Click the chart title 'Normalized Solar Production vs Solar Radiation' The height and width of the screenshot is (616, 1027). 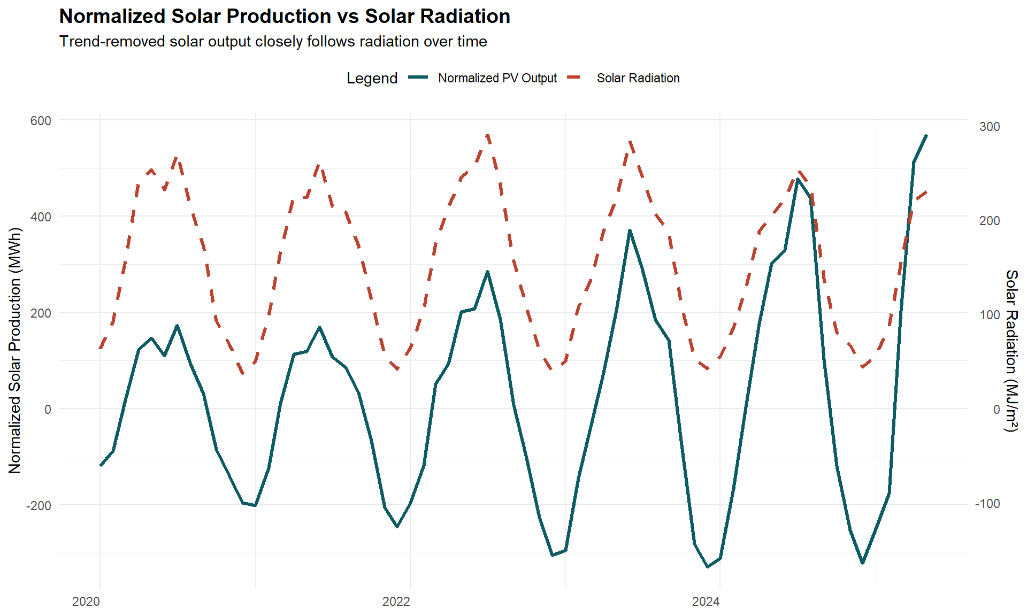[285, 17]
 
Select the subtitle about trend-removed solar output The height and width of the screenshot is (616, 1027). [273, 42]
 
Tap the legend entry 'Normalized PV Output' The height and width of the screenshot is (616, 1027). [497, 78]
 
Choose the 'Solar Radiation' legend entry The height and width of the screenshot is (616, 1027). [638, 78]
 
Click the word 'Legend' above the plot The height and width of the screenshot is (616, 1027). [372, 78]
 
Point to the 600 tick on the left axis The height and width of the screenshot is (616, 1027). [41, 121]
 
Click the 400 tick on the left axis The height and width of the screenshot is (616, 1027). [41, 217]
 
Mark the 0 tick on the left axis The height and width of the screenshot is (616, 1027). [48, 410]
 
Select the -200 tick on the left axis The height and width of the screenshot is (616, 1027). [39, 506]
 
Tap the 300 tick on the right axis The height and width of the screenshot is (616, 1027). [989, 127]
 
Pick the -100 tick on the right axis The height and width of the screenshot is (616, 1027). [987, 504]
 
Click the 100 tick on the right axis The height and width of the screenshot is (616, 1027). [989, 315]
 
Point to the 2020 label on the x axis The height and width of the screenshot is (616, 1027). [86, 602]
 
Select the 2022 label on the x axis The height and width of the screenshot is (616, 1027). [396, 602]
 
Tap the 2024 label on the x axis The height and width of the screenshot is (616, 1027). [706, 602]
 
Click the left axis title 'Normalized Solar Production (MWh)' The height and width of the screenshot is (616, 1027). [15, 350]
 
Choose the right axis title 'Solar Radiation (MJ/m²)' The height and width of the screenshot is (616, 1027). [1011, 350]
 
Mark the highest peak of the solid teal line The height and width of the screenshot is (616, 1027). [926, 135]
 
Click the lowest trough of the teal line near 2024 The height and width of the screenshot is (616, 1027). [708, 567]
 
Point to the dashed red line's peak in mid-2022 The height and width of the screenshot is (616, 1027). [487, 136]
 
